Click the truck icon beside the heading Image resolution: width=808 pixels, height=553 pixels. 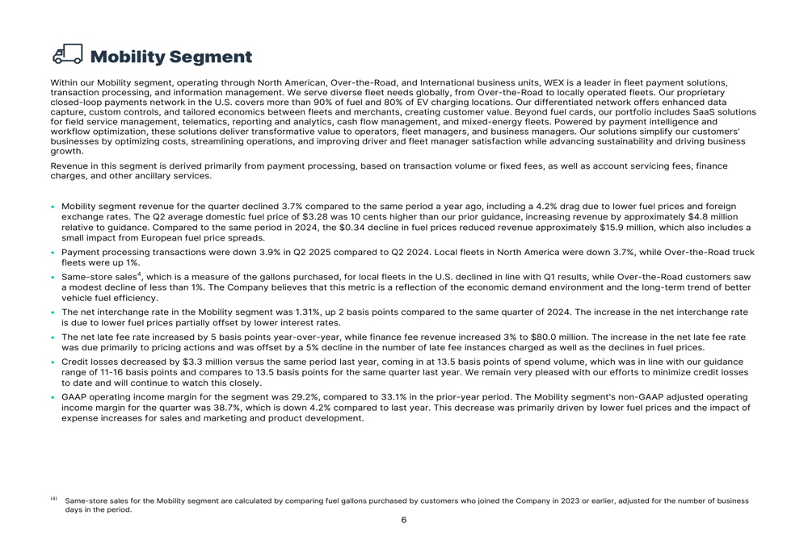pyautogui.click(x=67, y=55)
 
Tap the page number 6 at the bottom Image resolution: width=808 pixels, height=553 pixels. pyautogui.click(x=404, y=520)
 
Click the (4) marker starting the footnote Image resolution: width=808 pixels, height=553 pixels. pyautogui.click(x=54, y=500)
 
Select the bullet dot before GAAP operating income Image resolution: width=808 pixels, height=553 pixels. pyautogui.click(x=53, y=397)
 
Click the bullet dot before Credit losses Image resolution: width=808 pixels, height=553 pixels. pyautogui.click(x=53, y=362)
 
